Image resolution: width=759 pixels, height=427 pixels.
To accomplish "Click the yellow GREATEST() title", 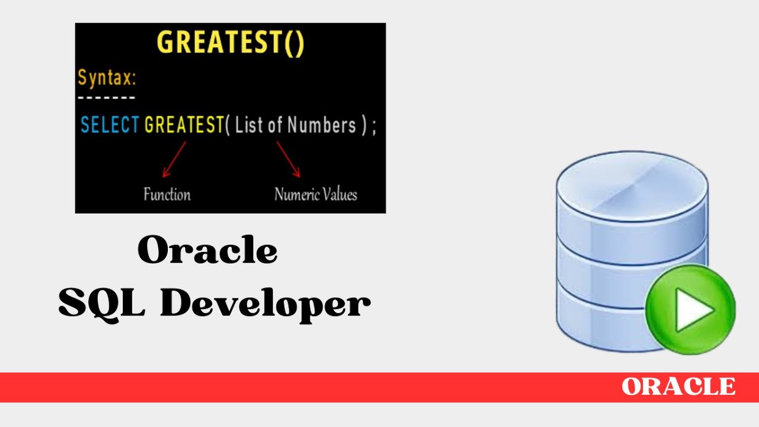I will [x=230, y=43].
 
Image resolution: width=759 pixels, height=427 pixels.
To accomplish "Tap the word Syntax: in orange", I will [x=107, y=78].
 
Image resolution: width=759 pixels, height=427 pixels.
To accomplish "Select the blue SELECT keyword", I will [x=110, y=125].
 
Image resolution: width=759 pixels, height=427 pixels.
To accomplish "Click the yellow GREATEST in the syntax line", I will [x=184, y=125].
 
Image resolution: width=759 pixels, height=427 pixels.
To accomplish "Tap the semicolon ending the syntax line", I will [x=374, y=126].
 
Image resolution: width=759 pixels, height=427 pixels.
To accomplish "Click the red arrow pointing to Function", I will [x=174, y=159].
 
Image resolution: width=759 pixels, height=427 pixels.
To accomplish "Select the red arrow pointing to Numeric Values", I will [x=288, y=159].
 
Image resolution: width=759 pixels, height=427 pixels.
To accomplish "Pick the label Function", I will [x=167, y=195].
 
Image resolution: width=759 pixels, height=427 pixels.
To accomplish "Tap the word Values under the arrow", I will [x=339, y=195].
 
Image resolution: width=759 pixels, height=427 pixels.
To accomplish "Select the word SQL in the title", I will [x=101, y=303].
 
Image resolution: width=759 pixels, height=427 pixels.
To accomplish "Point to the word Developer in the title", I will [x=265, y=304].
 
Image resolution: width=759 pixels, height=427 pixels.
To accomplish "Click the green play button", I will [x=690, y=310].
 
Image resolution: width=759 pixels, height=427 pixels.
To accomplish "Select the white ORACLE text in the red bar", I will [x=678, y=387].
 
